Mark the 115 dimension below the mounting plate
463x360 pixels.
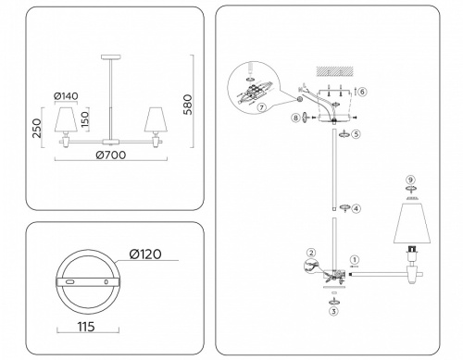click(88, 328)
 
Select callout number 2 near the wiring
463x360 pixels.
click(310, 252)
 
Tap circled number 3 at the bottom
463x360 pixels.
click(332, 312)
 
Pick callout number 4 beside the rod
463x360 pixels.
click(356, 209)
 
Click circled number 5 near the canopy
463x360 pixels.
click(356, 135)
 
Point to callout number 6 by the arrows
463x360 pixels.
click(363, 92)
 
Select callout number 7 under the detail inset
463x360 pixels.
click(263, 108)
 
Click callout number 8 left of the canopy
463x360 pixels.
click(296, 118)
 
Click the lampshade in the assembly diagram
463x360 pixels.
click(411, 227)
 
